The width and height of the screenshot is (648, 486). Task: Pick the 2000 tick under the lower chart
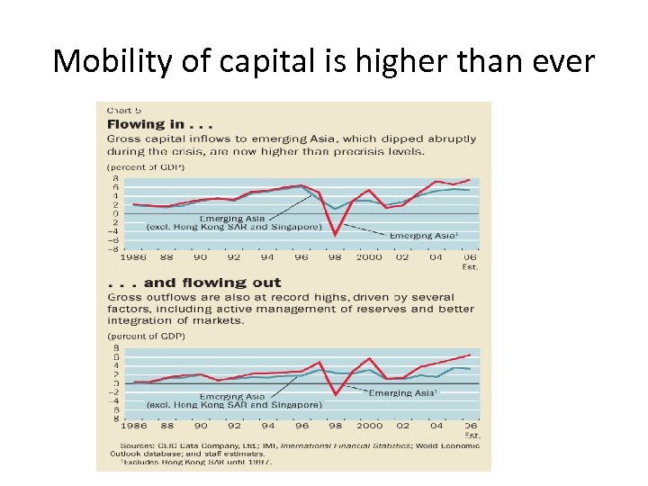369,426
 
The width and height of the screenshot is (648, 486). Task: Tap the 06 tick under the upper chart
470,257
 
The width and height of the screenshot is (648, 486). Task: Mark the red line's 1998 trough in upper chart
335,235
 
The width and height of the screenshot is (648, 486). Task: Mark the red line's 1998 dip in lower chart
335,394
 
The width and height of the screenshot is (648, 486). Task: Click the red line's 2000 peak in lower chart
369,358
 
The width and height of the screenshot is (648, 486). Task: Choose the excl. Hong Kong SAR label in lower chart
233,405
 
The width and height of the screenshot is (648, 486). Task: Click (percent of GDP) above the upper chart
147,167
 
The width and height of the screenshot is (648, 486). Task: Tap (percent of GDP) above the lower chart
147,336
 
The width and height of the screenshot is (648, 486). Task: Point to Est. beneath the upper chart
470,266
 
